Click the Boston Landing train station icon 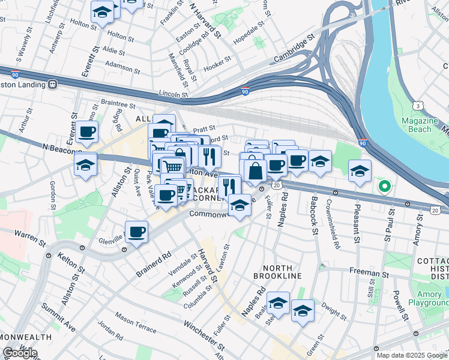[53, 85]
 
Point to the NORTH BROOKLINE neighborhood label [282, 271]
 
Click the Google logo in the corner [20, 353]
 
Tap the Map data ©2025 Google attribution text [411, 355]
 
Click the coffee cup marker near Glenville [137, 232]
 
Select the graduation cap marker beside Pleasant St [360, 171]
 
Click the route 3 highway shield [417, 106]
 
